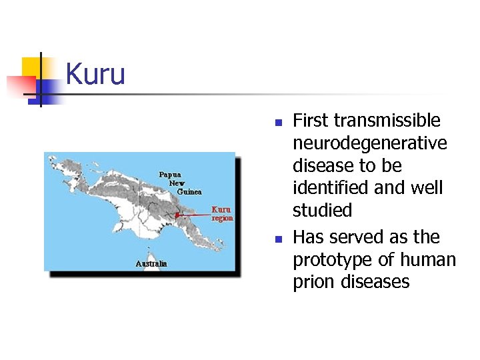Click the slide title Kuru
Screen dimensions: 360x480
click(95, 74)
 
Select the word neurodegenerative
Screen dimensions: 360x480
click(370, 143)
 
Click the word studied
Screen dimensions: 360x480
click(322, 211)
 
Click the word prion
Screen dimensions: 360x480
click(313, 282)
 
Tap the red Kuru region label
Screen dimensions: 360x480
click(222, 213)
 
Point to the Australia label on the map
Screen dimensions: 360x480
click(151, 263)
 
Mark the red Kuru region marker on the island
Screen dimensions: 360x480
click(177, 215)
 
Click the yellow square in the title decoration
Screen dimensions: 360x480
click(31, 67)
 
